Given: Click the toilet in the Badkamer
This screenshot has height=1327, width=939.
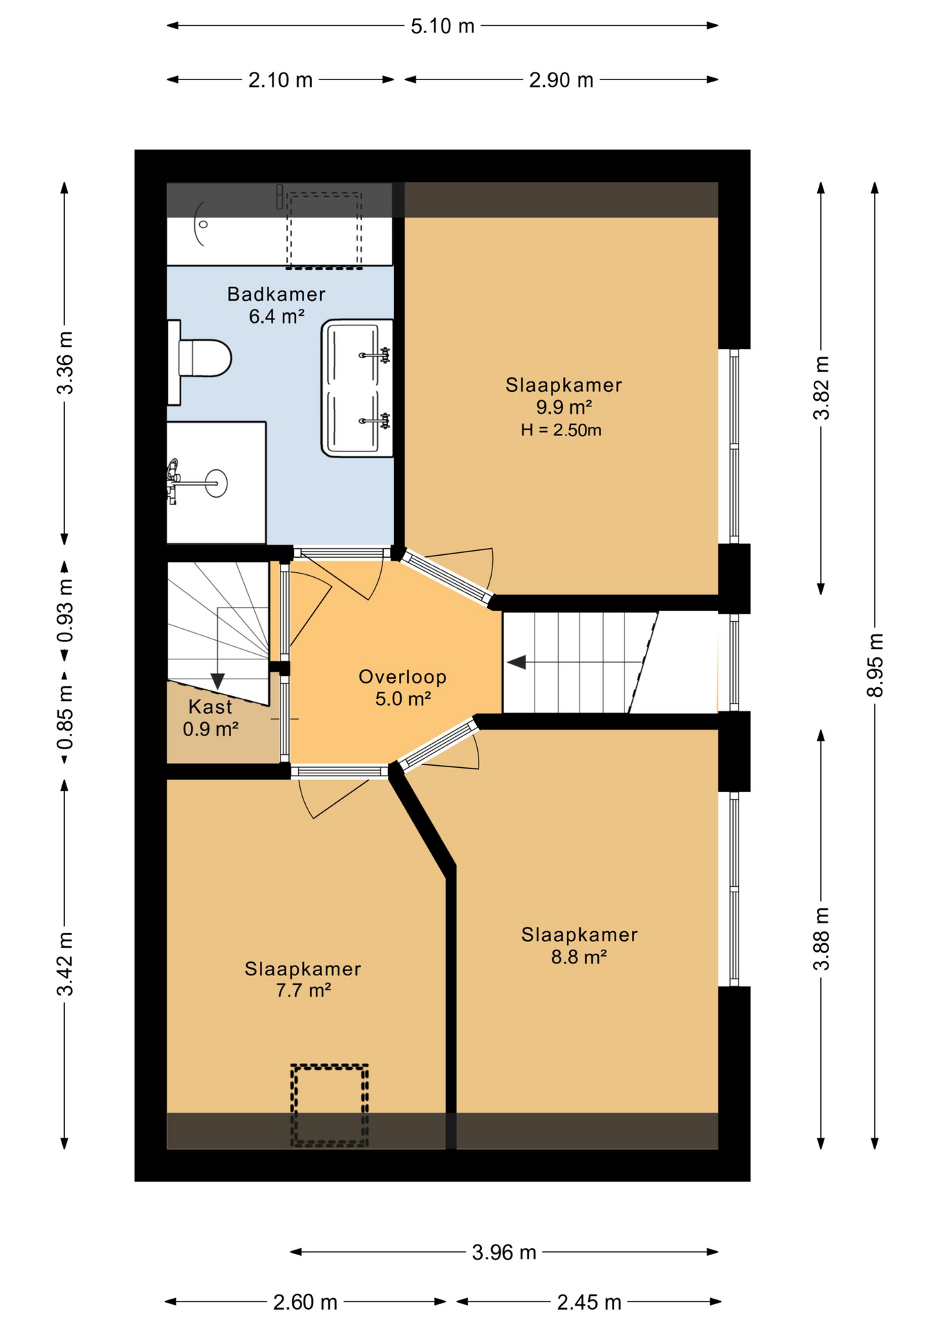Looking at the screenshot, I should tap(202, 358).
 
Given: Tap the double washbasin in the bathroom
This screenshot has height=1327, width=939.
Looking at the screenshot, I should tap(356, 388).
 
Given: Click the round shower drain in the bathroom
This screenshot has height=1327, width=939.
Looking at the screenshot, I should tap(203, 224).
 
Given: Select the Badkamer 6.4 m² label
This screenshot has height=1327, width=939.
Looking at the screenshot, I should tap(276, 305).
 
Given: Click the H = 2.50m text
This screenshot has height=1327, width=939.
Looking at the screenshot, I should tap(561, 430).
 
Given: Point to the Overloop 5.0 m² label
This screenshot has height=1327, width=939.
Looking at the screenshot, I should tap(402, 687).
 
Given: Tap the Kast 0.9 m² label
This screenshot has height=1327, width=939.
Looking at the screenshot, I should tap(210, 717).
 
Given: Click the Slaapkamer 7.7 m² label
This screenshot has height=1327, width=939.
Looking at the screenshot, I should tap(303, 979).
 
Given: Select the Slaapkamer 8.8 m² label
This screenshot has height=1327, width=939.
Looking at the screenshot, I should tap(579, 945).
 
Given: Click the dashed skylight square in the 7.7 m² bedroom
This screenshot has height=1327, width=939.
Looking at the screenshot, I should tap(329, 1104).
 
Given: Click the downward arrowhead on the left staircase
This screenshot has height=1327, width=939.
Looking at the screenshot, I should tap(218, 681).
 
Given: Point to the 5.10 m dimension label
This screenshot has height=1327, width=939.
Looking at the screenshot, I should tap(443, 26).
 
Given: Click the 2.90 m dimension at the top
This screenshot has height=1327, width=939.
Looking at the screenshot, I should tap(561, 80).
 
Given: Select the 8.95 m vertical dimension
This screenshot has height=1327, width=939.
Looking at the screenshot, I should tap(875, 665).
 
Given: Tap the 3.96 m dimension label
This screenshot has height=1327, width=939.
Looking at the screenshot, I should tap(503, 1252).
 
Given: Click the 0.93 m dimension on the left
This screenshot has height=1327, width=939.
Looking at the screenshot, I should tap(64, 611).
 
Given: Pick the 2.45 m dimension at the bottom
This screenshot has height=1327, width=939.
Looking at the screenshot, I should tap(588, 1302).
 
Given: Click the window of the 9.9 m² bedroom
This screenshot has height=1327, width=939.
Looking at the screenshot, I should tap(734, 446).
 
